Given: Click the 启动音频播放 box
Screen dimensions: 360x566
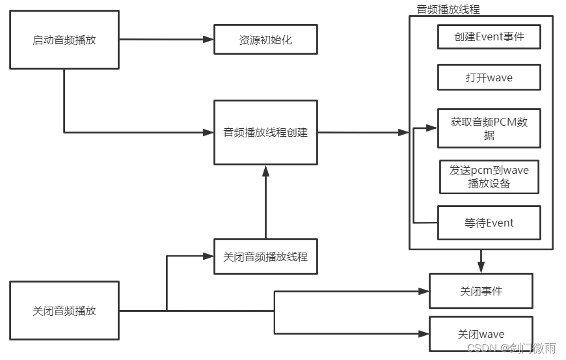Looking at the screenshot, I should pyautogui.click(x=64, y=40).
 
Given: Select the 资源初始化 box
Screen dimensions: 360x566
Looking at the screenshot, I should pyautogui.click(x=265, y=40).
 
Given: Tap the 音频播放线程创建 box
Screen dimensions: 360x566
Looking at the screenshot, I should pyautogui.click(x=265, y=133).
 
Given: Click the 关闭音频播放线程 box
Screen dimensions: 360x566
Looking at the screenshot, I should pyautogui.click(x=265, y=256).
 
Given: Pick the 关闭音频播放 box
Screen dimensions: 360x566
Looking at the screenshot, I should pyautogui.click(x=64, y=311).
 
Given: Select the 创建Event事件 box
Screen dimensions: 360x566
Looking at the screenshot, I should pyautogui.click(x=489, y=37).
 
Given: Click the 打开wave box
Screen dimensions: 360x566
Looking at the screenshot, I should pyautogui.click(x=489, y=77).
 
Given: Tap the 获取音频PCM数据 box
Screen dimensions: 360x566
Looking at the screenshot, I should pyautogui.click(x=489, y=128).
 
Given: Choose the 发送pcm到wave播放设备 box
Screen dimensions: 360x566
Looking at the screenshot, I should pyautogui.click(x=489, y=176).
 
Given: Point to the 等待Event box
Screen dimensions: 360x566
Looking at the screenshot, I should pyautogui.click(x=489, y=223).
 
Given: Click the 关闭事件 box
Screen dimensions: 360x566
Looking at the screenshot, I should pyautogui.click(x=481, y=291).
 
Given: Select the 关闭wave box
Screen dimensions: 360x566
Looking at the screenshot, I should pyautogui.click(x=481, y=334).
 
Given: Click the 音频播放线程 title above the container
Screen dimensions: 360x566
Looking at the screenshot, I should pyautogui.click(x=448, y=9).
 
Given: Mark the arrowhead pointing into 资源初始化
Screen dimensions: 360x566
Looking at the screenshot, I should pyautogui.click(x=208, y=40).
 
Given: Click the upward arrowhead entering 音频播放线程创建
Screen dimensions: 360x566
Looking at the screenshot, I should pyautogui.click(x=265, y=171).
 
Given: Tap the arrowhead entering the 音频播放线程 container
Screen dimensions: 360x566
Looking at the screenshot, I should pyautogui.click(x=403, y=133).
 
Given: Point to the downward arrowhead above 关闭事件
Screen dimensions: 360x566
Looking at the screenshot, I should pyautogui.click(x=481, y=268).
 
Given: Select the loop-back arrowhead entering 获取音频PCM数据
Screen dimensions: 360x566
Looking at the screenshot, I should pyautogui.click(x=432, y=128).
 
